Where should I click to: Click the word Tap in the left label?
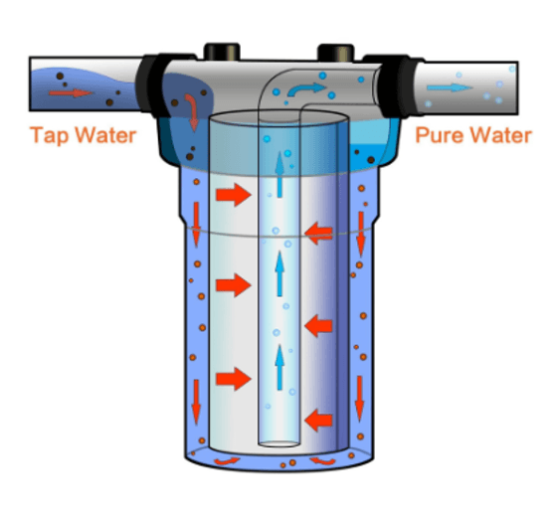click(x=50, y=135)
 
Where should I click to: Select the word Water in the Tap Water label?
click(x=105, y=135)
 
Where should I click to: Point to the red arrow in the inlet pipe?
click(x=71, y=93)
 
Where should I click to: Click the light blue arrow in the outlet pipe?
click(x=450, y=87)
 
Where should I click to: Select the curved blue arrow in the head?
click(x=305, y=89)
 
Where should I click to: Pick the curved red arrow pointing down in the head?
click(x=192, y=111)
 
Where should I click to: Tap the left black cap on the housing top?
click(x=222, y=52)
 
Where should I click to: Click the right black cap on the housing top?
click(x=336, y=53)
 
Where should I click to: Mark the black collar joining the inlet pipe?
click(x=151, y=86)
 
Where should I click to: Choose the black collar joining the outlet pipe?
click(x=398, y=86)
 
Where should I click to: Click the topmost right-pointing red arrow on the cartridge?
click(x=234, y=195)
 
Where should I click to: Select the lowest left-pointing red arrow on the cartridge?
click(x=318, y=420)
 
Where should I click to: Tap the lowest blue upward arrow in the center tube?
click(x=279, y=368)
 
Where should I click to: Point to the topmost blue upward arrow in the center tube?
click(x=279, y=174)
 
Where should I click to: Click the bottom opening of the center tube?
click(x=278, y=443)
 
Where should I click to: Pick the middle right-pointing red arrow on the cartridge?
click(x=234, y=285)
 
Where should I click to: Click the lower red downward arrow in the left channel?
click(x=196, y=402)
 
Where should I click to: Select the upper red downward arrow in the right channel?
click(x=361, y=235)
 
